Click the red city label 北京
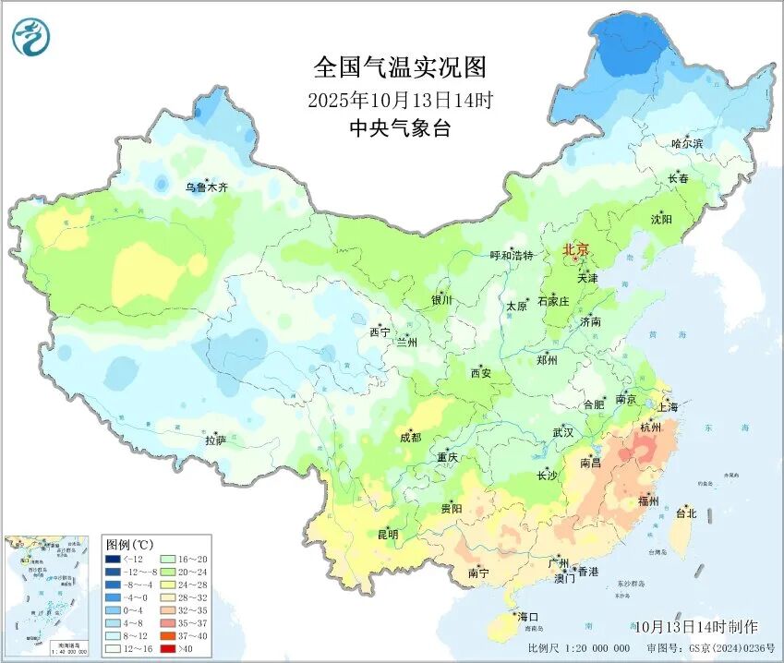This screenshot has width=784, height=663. (575, 249)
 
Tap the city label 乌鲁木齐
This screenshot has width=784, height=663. (206, 187)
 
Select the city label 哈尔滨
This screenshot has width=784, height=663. (687, 143)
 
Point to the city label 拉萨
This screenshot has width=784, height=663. (215, 441)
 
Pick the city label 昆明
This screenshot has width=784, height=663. (388, 534)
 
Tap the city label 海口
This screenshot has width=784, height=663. (527, 616)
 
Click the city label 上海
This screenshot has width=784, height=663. (667, 406)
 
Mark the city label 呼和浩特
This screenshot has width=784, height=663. (511, 255)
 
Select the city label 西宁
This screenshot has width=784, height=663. (380, 331)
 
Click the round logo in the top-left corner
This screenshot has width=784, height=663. (30, 36)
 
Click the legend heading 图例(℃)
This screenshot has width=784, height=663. (128, 544)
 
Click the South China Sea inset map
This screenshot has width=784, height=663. (48, 596)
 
